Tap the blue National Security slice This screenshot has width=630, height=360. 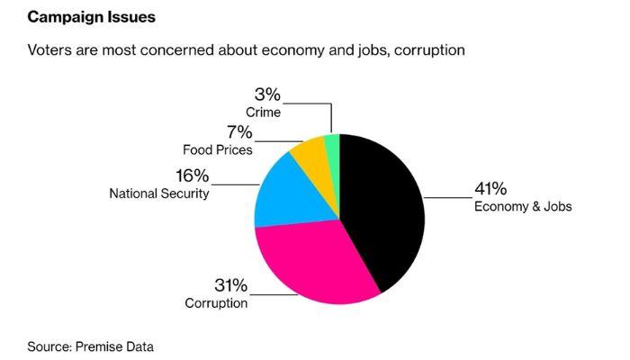tap(283, 193)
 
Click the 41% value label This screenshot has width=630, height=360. tap(490, 189)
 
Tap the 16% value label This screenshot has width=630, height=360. tap(192, 175)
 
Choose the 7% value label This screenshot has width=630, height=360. tap(239, 132)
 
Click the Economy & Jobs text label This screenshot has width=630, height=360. tap(523, 207)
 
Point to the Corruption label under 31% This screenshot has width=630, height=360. tap(216, 302)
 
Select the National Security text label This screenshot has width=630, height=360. tap(158, 193)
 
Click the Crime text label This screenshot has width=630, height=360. tap(263, 112)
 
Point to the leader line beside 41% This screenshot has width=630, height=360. tap(445, 197)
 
